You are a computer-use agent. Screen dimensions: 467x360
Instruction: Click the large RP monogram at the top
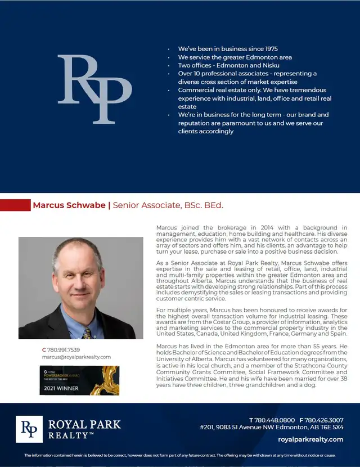[x=94, y=88]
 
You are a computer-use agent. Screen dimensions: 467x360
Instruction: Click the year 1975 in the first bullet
[x=269, y=49]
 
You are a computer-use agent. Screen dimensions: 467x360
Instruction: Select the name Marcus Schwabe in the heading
[x=69, y=205]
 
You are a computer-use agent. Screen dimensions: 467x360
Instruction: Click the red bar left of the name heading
[x=15, y=205]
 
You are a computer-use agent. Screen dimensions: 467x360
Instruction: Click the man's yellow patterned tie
[x=87, y=333]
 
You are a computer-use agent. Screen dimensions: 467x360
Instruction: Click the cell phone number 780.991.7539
[x=64, y=349]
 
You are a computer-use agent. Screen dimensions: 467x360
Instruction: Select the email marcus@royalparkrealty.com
[x=76, y=357]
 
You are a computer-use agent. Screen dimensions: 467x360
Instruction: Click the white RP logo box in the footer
[x=29, y=429]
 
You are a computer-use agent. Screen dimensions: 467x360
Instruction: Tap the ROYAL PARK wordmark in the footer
[x=85, y=424]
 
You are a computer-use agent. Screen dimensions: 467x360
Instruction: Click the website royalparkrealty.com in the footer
[x=310, y=439]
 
